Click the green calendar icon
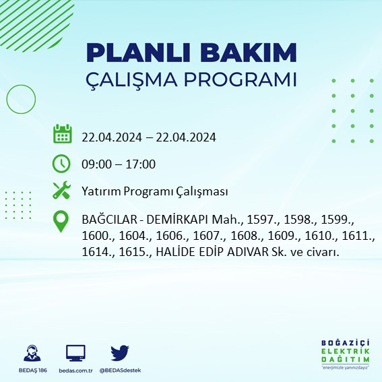click(x=62, y=134)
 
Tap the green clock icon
click(x=62, y=163)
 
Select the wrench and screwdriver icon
click(x=62, y=191)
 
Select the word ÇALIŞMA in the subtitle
click(x=130, y=79)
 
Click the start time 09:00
click(x=95, y=164)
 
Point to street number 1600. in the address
click(x=96, y=236)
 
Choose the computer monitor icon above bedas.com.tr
click(x=75, y=353)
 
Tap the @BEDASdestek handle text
click(x=120, y=371)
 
